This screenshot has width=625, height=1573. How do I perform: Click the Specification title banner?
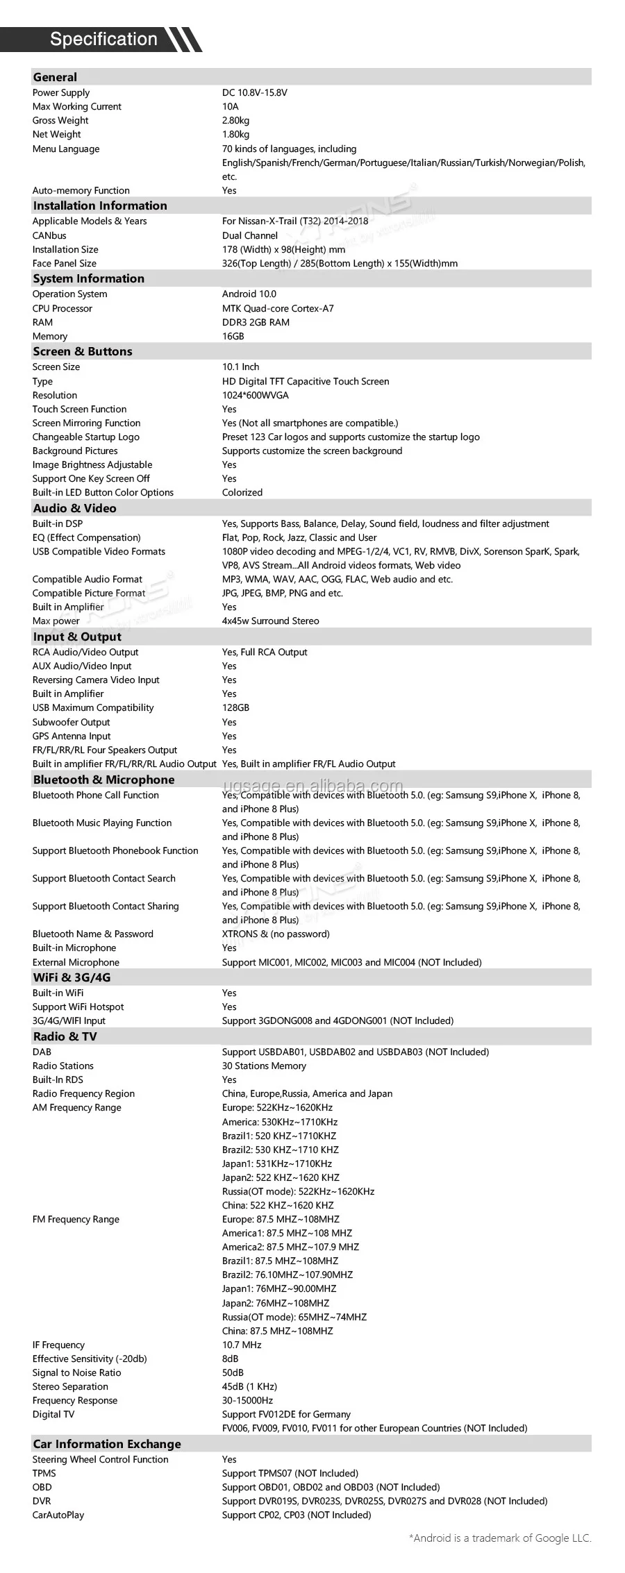(x=104, y=40)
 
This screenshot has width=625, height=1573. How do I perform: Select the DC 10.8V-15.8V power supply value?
(x=254, y=93)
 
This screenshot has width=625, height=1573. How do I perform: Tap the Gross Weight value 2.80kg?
(x=235, y=121)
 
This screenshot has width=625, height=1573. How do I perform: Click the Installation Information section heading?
(x=100, y=206)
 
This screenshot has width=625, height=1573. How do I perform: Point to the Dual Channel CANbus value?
(x=250, y=236)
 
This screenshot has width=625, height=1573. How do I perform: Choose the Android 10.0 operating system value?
(x=249, y=294)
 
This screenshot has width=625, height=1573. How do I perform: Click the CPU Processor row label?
(x=62, y=309)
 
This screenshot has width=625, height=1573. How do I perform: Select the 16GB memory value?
(x=233, y=337)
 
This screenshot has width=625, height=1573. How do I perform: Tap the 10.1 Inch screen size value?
(x=240, y=367)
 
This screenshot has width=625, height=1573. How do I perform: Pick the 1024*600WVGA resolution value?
(x=255, y=396)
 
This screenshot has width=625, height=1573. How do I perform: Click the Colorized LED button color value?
(x=242, y=493)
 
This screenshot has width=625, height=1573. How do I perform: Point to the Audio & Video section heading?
(x=74, y=509)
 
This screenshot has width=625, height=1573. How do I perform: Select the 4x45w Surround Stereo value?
(x=270, y=621)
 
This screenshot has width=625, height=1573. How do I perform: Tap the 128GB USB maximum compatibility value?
(x=235, y=708)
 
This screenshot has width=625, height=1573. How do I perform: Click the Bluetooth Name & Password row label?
(x=92, y=934)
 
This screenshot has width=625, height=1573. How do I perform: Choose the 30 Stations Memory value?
(x=264, y=1066)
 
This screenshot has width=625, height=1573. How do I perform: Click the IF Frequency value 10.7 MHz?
(x=242, y=1345)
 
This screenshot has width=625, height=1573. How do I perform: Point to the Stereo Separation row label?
(x=70, y=1387)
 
